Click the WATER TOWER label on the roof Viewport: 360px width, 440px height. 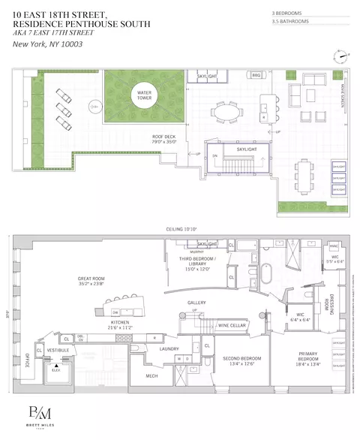coord(143,95)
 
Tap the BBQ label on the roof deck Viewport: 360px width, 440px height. coord(256,76)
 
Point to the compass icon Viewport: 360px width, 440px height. coord(342,56)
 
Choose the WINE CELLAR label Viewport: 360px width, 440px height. coord(231,326)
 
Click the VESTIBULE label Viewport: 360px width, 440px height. coord(58,350)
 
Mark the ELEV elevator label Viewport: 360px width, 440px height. coord(55,367)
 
